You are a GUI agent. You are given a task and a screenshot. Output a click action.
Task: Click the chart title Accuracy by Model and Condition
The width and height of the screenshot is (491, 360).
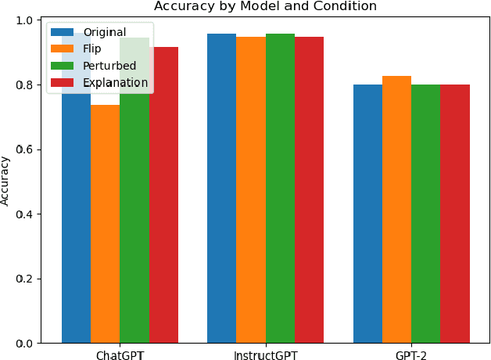click(265, 6)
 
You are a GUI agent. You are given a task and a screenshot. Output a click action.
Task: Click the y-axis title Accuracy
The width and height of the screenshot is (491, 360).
click(6, 181)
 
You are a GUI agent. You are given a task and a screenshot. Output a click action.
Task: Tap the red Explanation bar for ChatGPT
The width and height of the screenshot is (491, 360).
click(163, 196)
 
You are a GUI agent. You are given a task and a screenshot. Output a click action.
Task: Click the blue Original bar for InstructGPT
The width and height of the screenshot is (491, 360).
click(221, 188)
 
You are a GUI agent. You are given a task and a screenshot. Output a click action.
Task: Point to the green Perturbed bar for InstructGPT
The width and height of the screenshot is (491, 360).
click(280, 188)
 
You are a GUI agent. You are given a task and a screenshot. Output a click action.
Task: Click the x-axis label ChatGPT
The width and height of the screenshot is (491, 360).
click(120, 355)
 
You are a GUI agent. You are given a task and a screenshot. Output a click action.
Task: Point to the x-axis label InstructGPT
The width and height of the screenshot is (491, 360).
click(265, 355)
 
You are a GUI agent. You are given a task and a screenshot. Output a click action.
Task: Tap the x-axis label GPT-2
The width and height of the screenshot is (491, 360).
click(410, 355)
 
